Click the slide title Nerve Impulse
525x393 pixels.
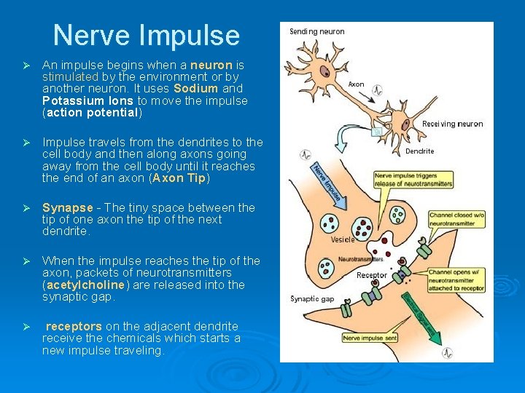click(146, 35)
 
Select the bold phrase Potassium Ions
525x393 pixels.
click(87, 101)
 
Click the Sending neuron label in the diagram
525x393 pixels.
click(317, 31)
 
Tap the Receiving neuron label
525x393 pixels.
click(452, 124)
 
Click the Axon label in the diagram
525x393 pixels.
click(356, 84)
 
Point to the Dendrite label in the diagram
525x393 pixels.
click(419, 151)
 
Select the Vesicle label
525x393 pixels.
click(343, 239)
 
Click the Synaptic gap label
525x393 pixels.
click(312, 299)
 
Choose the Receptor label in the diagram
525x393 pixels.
click(372, 275)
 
